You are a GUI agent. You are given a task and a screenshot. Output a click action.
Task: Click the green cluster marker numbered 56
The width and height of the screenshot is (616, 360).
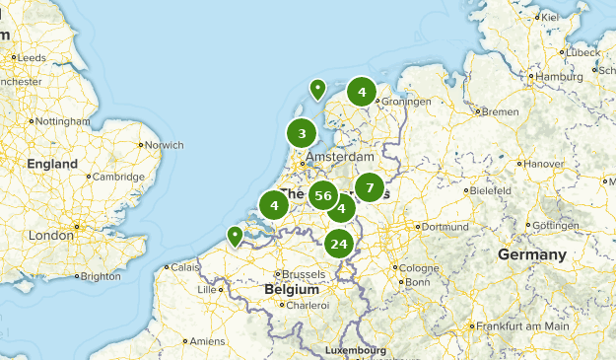pyautogui.click(x=322, y=195)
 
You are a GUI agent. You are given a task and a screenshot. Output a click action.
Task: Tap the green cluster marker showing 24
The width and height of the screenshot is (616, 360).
pyautogui.click(x=339, y=244)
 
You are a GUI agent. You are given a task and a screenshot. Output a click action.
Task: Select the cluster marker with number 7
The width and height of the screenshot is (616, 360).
pyautogui.click(x=369, y=186)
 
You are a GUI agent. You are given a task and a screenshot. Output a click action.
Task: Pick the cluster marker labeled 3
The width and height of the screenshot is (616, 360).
pyautogui.click(x=302, y=133)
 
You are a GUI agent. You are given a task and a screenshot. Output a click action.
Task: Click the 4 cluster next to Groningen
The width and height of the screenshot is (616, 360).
pyautogui.click(x=362, y=92)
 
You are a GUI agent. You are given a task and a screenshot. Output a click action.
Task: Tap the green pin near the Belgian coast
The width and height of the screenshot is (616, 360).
pyautogui.click(x=235, y=236)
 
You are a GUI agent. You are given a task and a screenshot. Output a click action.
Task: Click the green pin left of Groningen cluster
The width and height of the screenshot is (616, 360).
pyautogui.click(x=317, y=89)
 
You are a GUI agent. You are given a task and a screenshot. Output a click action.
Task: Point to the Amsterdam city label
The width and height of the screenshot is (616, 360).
pyautogui.click(x=340, y=158)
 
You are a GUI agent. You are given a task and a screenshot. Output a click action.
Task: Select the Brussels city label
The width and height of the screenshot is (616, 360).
pyautogui.click(x=307, y=273)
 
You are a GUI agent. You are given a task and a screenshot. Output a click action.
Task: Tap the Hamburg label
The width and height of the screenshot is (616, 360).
pyautogui.click(x=560, y=77)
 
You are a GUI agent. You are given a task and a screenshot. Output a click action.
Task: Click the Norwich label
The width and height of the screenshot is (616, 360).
pyautogui.click(x=165, y=145)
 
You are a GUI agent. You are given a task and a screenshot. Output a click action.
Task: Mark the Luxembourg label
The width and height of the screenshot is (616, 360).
pyautogui.click(x=358, y=350)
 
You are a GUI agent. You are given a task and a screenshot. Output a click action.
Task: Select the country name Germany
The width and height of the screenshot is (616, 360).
pyautogui.click(x=531, y=255)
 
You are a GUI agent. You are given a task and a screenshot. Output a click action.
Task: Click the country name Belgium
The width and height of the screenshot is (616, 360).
pyautogui.click(x=292, y=290)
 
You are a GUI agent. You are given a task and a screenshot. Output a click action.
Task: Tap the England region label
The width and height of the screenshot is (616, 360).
pyautogui.click(x=52, y=164)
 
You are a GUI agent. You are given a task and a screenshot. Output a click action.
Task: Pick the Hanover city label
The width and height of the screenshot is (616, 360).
pyautogui.click(x=544, y=163)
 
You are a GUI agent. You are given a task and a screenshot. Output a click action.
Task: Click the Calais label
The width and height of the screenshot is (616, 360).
pyautogui.click(x=183, y=266)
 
